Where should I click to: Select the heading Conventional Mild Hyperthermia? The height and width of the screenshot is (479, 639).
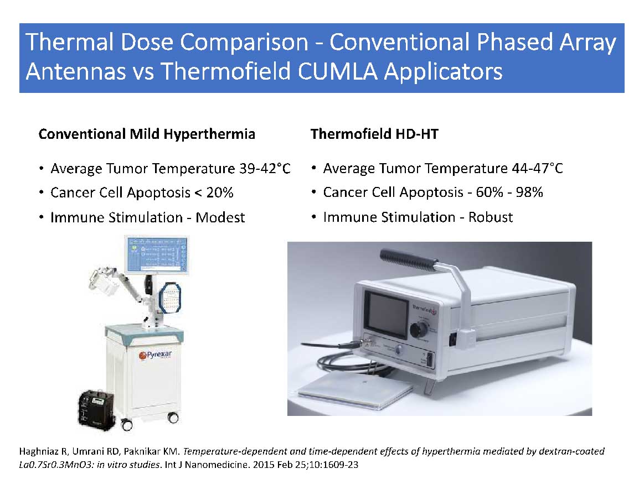click(x=147, y=134)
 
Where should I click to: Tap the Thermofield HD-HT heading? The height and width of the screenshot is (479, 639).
click(x=374, y=134)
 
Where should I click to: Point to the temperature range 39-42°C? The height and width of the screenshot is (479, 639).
click(x=265, y=168)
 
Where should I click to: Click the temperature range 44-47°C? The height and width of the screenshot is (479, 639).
click(x=537, y=168)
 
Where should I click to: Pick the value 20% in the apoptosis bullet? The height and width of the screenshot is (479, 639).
click(x=220, y=192)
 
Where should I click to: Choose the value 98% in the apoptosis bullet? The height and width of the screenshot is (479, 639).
click(x=529, y=192)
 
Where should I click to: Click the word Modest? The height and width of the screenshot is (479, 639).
click(x=220, y=217)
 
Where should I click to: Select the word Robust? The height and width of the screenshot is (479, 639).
click(x=490, y=217)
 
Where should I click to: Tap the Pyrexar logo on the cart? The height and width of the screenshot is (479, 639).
click(x=156, y=355)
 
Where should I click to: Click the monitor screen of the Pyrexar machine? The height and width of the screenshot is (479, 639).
click(x=157, y=255)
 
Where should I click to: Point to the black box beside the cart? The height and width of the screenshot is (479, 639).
click(x=96, y=410)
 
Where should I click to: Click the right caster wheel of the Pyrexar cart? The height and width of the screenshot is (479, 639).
click(x=173, y=418)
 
